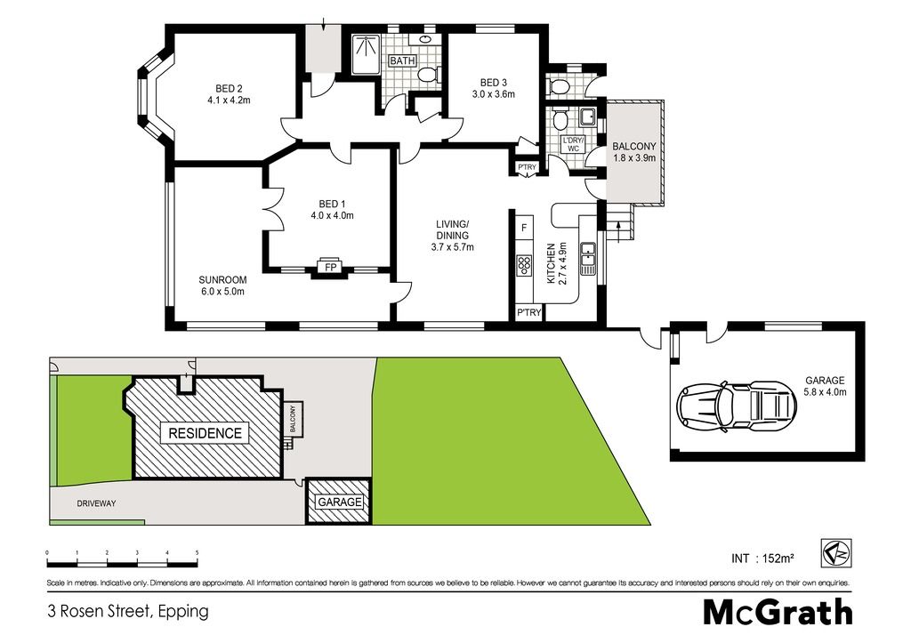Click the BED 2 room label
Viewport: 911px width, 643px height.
(229, 89)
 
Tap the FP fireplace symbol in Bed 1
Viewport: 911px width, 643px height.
(331, 267)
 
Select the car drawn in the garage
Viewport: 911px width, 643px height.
(737, 406)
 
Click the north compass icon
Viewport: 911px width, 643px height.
(836, 552)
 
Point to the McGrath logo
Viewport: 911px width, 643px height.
(778, 612)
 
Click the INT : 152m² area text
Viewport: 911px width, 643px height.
(762, 559)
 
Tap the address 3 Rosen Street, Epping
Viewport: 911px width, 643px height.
(127, 612)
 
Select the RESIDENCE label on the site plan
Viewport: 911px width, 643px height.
(205, 433)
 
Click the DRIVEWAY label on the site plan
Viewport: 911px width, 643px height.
(96, 503)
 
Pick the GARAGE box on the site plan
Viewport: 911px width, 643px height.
(339, 502)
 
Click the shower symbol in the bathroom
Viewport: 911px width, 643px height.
(366, 54)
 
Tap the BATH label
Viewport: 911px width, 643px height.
(402, 60)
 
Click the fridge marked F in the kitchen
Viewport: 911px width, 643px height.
(523, 228)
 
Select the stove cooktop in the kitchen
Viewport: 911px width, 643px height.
(524, 265)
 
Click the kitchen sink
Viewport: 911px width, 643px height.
(589, 258)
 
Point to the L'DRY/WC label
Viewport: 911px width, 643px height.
(573, 144)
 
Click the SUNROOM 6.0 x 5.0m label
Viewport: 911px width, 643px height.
(222, 285)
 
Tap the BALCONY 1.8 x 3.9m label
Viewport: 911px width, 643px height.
(633, 152)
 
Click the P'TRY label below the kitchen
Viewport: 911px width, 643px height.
(528, 312)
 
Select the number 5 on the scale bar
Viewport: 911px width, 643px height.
(197, 552)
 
